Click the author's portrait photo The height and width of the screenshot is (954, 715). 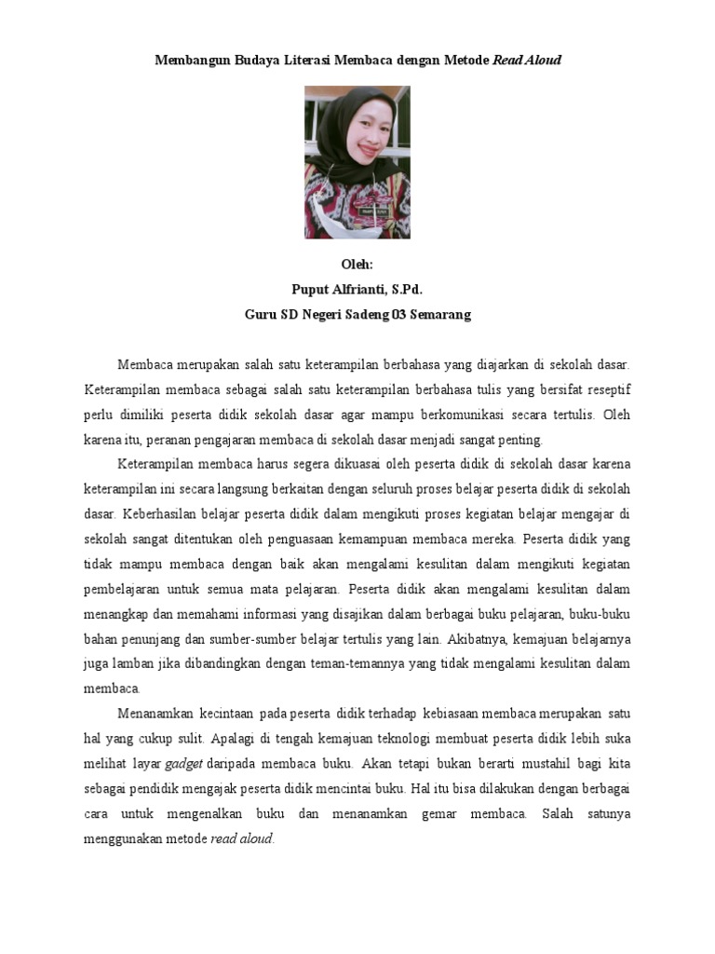pyautogui.click(x=357, y=162)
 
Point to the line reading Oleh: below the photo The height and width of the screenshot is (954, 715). pyautogui.click(x=357, y=266)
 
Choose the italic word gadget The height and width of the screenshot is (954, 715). pyautogui.click(x=183, y=763)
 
